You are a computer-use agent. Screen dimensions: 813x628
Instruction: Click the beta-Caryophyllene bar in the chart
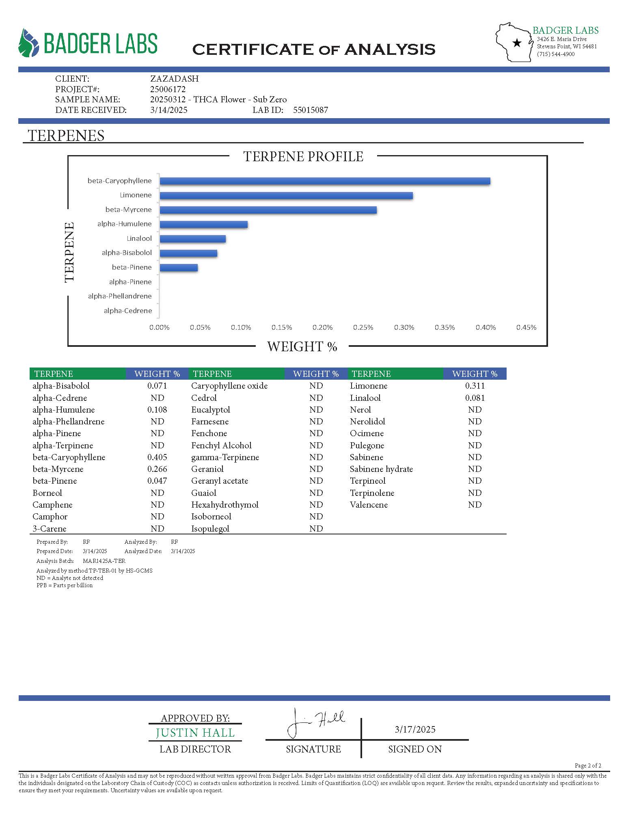[325, 181]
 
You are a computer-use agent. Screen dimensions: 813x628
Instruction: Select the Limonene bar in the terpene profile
[286, 196]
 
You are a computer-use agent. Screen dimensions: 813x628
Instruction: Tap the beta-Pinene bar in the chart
[179, 268]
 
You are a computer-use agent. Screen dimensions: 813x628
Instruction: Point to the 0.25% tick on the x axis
[363, 327]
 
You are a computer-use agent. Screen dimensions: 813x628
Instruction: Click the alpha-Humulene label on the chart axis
[124, 224]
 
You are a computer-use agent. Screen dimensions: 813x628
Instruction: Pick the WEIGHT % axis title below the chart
[302, 346]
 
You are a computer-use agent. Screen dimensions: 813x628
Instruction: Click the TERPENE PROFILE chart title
[303, 156]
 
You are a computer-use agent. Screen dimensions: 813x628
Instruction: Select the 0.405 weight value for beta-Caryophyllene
[157, 457]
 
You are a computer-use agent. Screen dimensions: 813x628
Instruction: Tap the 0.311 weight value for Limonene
[475, 386]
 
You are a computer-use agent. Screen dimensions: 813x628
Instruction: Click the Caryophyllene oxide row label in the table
[229, 386]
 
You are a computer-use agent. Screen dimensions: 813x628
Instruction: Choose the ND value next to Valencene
[475, 505]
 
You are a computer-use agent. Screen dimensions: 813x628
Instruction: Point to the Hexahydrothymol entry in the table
[224, 505]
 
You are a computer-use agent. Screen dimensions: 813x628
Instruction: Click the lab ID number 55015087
[311, 110]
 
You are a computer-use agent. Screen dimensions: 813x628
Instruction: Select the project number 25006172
[168, 89]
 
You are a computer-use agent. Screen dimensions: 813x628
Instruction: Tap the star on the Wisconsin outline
[517, 43]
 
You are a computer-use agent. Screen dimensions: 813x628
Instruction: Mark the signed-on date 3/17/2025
[415, 729]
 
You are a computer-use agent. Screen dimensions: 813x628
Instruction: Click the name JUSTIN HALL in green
[195, 733]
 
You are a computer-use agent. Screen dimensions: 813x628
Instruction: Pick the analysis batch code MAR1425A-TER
[104, 561]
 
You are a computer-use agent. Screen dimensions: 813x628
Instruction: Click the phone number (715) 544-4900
[555, 54]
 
